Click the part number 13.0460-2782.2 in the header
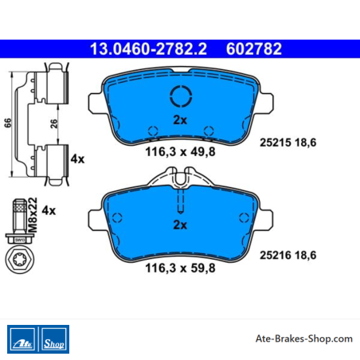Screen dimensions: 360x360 pyautogui.click(x=148, y=49)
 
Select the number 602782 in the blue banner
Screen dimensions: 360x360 pyautogui.click(x=254, y=49)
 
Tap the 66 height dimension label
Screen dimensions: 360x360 pyautogui.click(x=8, y=123)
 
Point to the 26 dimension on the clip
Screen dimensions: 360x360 pyautogui.click(x=54, y=123)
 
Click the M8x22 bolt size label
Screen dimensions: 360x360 pyautogui.click(x=33, y=215)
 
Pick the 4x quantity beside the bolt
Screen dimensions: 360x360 pyautogui.click(x=49, y=210)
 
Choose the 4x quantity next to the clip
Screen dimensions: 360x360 pyautogui.click(x=77, y=159)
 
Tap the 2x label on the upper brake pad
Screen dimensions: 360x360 pyautogui.click(x=180, y=119)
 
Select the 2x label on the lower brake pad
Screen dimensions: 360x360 pyautogui.click(x=180, y=225)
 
